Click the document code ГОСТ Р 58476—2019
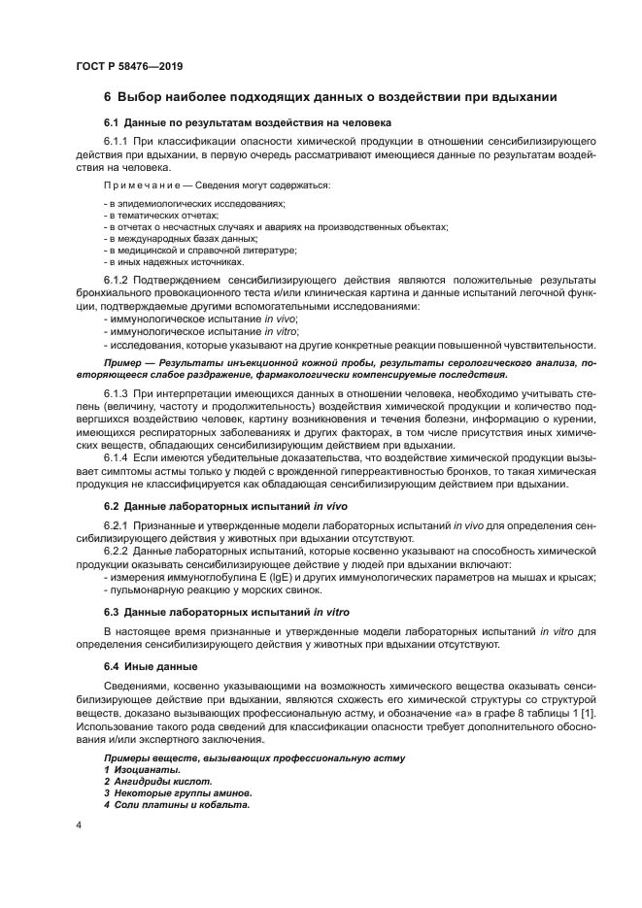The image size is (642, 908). pos(129,66)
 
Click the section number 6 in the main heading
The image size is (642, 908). pos(108,97)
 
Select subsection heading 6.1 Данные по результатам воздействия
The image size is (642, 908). pos(247,124)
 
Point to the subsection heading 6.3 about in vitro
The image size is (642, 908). pos(226,612)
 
